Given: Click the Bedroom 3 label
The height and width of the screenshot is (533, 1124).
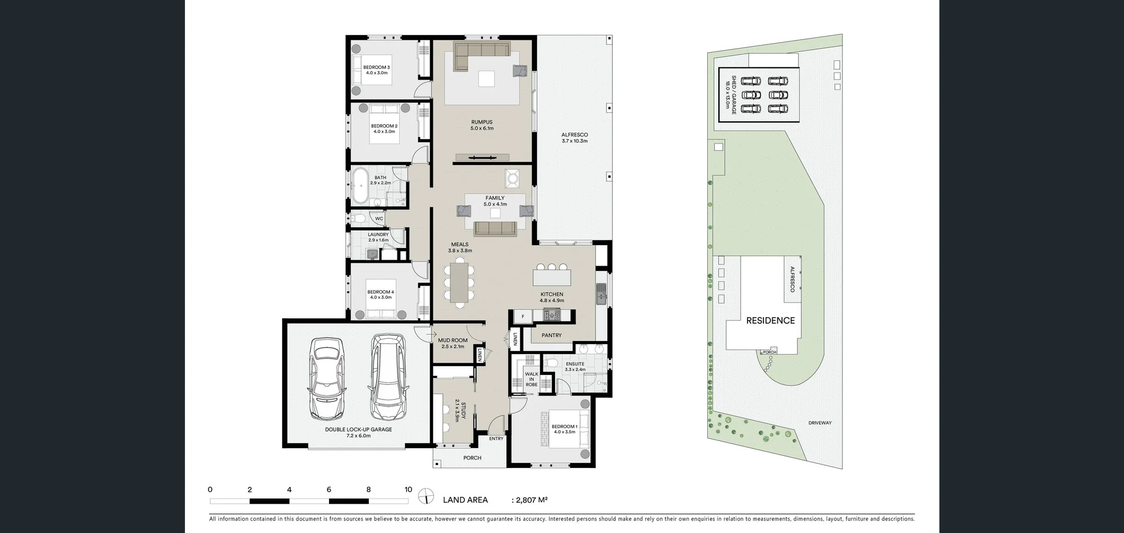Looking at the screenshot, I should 376,67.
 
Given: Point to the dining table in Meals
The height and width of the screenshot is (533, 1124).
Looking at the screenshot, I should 460,283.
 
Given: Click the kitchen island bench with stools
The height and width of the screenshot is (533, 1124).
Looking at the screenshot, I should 551,275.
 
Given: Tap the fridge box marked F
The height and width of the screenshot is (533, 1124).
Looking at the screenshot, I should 523,317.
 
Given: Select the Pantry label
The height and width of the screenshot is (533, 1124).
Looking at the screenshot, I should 551,335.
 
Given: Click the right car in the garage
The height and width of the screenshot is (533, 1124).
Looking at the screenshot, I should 388,377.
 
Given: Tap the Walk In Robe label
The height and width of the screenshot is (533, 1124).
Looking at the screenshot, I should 531,379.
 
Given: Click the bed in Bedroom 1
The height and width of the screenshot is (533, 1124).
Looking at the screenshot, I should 565,429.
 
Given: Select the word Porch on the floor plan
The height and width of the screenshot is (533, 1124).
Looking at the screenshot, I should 472,458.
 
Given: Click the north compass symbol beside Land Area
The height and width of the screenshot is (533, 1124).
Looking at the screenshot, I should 427,497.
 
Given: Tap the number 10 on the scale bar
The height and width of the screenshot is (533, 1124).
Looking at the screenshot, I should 408,490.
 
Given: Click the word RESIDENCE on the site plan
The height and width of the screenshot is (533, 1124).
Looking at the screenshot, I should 770,321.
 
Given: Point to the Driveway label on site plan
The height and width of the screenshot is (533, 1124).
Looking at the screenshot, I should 820,422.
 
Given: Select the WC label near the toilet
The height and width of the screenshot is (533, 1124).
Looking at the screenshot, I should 379,219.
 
